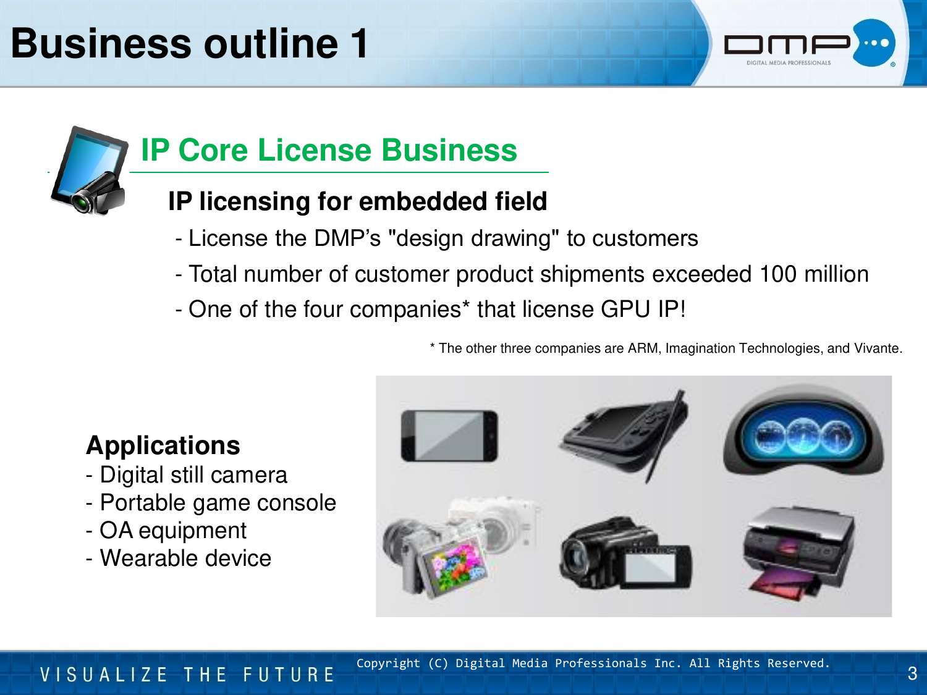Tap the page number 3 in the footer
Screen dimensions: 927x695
(x=912, y=673)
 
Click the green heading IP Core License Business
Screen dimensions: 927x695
(x=329, y=150)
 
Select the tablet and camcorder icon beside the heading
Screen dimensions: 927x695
(x=90, y=171)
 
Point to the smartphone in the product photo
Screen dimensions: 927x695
(x=449, y=436)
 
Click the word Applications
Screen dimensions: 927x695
(x=163, y=445)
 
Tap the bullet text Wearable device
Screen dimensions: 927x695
(x=185, y=558)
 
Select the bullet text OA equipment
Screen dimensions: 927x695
(x=172, y=531)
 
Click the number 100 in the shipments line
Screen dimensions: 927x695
(x=778, y=274)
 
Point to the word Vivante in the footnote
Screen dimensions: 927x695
(x=878, y=348)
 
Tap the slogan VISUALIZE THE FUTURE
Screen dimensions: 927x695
(x=187, y=675)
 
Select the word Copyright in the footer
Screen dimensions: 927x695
(x=388, y=663)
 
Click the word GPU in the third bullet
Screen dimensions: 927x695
(x=625, y=309)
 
